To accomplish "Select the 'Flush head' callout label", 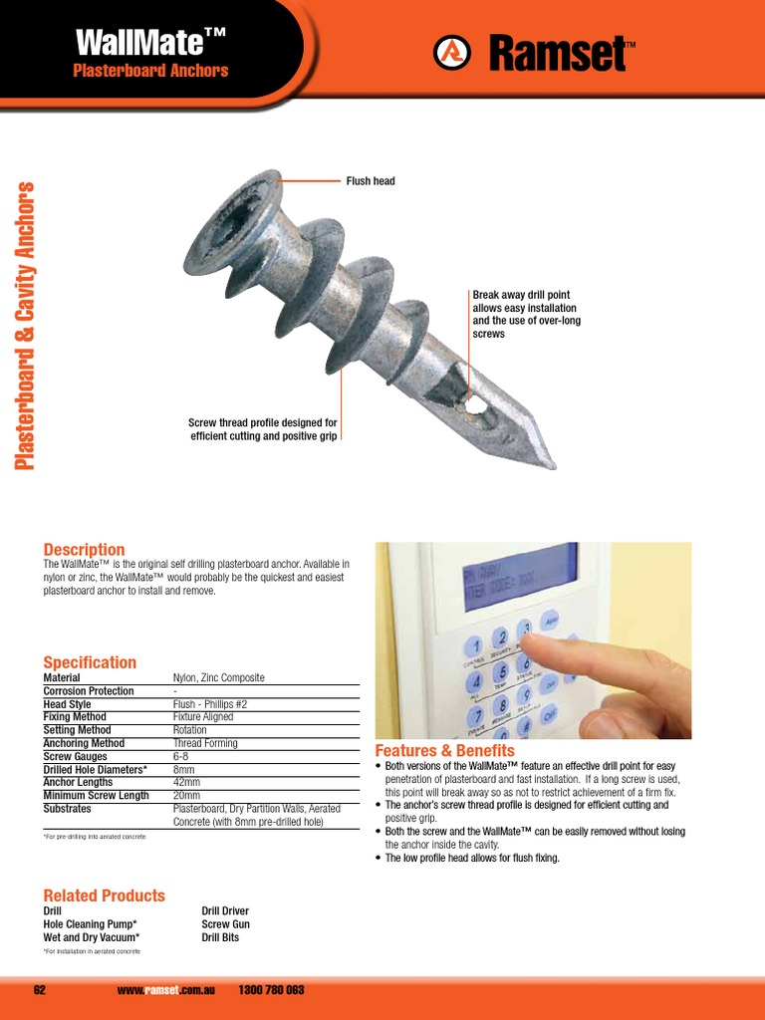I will coord(371,181).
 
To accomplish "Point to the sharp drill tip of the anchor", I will coord(549,462).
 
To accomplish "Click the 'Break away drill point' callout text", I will coord(526,315).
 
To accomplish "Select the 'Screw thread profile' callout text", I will coord(263,429).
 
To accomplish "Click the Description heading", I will coord(84,550).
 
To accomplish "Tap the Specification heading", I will coord(90,662).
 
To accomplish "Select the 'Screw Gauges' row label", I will coord(77,756).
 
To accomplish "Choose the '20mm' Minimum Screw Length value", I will coord(186,795).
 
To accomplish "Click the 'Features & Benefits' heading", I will coord(444,750).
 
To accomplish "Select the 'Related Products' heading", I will coord(104,895).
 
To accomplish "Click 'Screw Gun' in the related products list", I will coord(225,924).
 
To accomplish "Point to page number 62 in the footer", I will coord(40,990).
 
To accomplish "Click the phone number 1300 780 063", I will coord(272,990).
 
